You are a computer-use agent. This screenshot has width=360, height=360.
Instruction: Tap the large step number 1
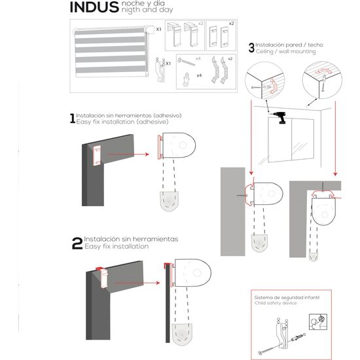73,118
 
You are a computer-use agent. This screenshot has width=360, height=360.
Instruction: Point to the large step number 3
251,48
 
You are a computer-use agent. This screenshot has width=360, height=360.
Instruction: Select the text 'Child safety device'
276,303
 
